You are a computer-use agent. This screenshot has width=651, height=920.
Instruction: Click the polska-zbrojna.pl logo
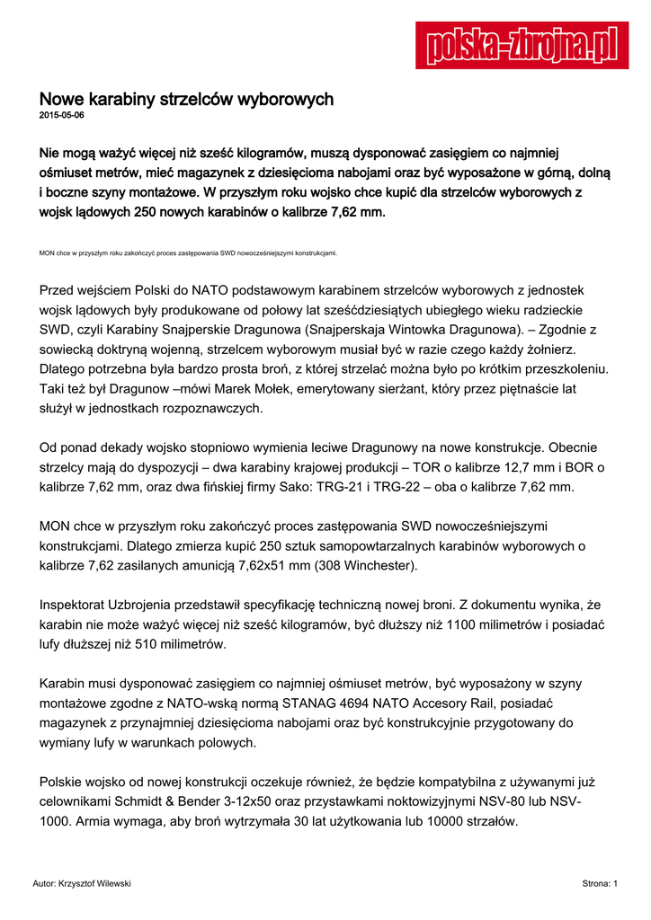click(522, 45)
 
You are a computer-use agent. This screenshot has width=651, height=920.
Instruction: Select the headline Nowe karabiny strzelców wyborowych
click(186, 99)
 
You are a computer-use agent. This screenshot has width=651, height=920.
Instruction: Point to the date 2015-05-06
click(62, 116)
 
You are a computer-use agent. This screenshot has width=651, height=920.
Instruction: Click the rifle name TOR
click(427, 467)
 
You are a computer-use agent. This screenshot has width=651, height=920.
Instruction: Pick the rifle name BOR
click(584, 467)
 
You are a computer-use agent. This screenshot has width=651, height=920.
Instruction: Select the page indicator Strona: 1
click(600, 884)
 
